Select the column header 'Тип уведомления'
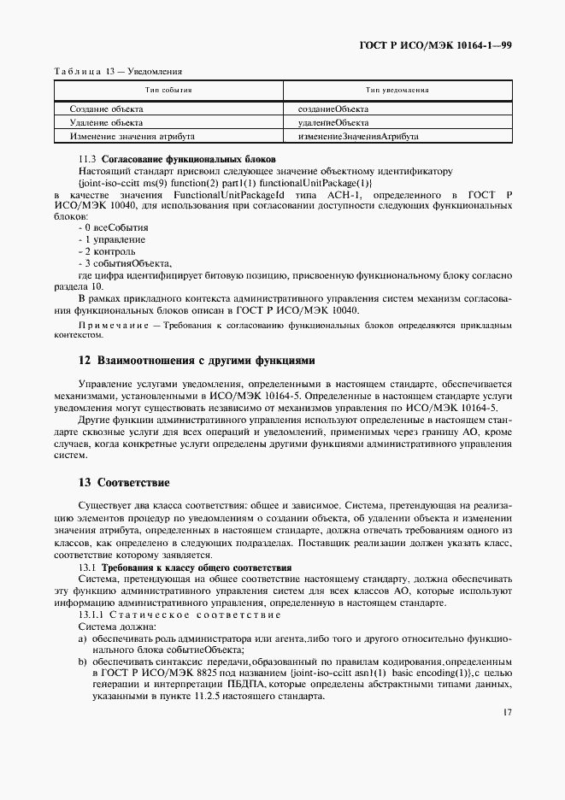click(x=397, y=90)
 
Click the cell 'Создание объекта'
click(x=107, y=109)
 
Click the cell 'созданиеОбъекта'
click(x=333, y=109)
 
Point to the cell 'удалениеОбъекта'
click(x=332, y=122)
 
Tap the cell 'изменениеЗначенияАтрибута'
click(x=357, y=136)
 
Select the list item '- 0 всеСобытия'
click(x=113, y=228)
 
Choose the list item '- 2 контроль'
click(x=106, y=252)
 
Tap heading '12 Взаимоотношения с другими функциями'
click(x=197, y=361)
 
